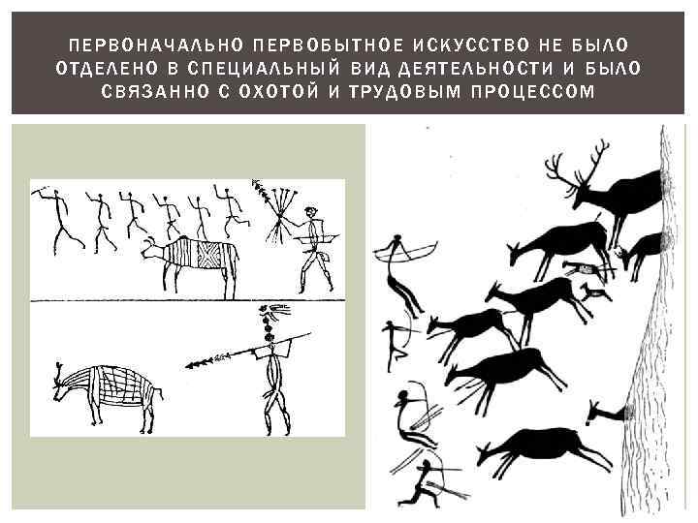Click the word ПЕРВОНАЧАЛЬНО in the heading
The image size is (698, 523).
156,45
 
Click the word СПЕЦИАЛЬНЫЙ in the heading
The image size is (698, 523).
261,68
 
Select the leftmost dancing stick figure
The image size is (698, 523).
58,220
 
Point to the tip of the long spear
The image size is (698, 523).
186,366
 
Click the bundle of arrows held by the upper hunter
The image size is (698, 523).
278,211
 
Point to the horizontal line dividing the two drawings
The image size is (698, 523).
187,301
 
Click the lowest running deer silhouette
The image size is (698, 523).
543,449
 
